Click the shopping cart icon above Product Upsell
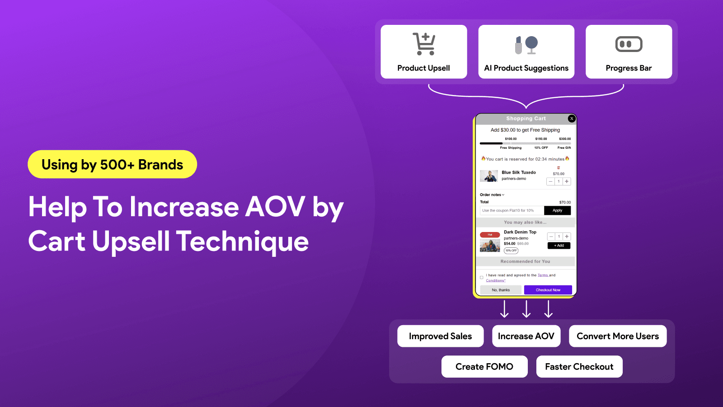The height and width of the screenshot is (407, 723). [x=424, y=44]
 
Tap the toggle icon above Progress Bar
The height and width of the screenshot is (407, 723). [x=629, y=44]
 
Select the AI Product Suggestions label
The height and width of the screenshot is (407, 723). [x=526, y=68]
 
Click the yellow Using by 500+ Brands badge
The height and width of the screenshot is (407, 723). [x=112, y=165]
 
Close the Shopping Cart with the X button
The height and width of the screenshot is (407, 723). [x=572, y=118]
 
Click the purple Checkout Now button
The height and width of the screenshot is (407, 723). [x=548, y=290]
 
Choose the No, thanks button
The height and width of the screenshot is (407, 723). [x=501, y=290]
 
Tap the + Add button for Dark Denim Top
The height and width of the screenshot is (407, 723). [x=559, y=246]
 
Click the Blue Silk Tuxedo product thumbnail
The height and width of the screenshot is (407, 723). [x=489, y=176]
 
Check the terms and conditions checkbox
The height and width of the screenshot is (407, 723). [x=482, y=278]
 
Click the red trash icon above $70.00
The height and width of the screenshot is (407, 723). [x=559, y=168]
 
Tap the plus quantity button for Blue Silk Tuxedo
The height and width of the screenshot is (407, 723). [x=567, y=181]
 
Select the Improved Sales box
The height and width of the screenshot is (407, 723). [x=440, y=336]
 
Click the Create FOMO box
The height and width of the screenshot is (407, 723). [x=484, y=367]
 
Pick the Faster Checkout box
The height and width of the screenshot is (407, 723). [x=579, y=367]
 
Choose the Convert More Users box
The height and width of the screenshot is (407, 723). [x=617, y=336]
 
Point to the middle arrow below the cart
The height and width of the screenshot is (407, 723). [x=526, y=309]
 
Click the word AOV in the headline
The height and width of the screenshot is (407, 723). [x=275, y=208]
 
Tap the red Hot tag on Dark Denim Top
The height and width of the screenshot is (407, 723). [x=490, y=235]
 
